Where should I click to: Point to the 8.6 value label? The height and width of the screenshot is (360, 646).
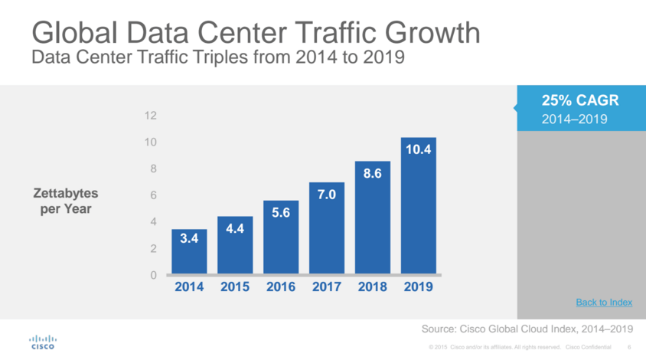pyautogui.click(x=373, y=174)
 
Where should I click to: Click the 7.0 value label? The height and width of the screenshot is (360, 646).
pyautogui.click(x=327, y=195)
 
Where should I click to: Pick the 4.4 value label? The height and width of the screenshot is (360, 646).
pyautogui.click(x=235, y=229)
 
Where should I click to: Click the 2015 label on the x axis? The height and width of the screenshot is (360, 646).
pyautogui.click(x=235, y=287)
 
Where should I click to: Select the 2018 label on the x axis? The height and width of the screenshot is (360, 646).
pyautogui.click(x=373, y=287)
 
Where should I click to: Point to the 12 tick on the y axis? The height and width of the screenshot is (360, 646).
pyautogui.click(x=151, y=116)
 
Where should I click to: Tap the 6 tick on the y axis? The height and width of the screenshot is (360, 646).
pyautogui.click(x=153, y=195)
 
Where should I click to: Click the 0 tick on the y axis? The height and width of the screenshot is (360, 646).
pyautogui.click(x=153, y=275)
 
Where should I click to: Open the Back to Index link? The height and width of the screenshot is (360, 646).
pyautogui.click(x=604, y=303)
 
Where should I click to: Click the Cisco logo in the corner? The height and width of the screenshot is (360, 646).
pyautogui.click(x=42, y=341)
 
